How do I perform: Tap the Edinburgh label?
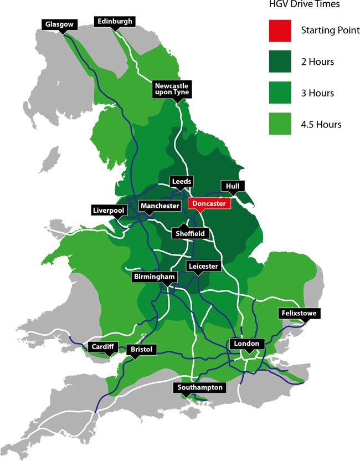(115, 22)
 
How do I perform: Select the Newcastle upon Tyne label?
(172, 89)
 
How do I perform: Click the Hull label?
(233, 186)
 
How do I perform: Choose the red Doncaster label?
(209, 204)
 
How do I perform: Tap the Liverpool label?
(109, 211)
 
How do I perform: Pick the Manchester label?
(160, 206)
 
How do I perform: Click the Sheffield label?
(190, 234)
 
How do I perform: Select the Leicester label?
(204, 267)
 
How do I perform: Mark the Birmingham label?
(155, 276)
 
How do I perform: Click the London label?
(246, 344)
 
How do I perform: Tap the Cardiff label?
(102, 347)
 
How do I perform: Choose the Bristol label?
(142, 350)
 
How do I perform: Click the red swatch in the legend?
(261, 28)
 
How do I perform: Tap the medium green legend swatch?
(261, 92)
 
